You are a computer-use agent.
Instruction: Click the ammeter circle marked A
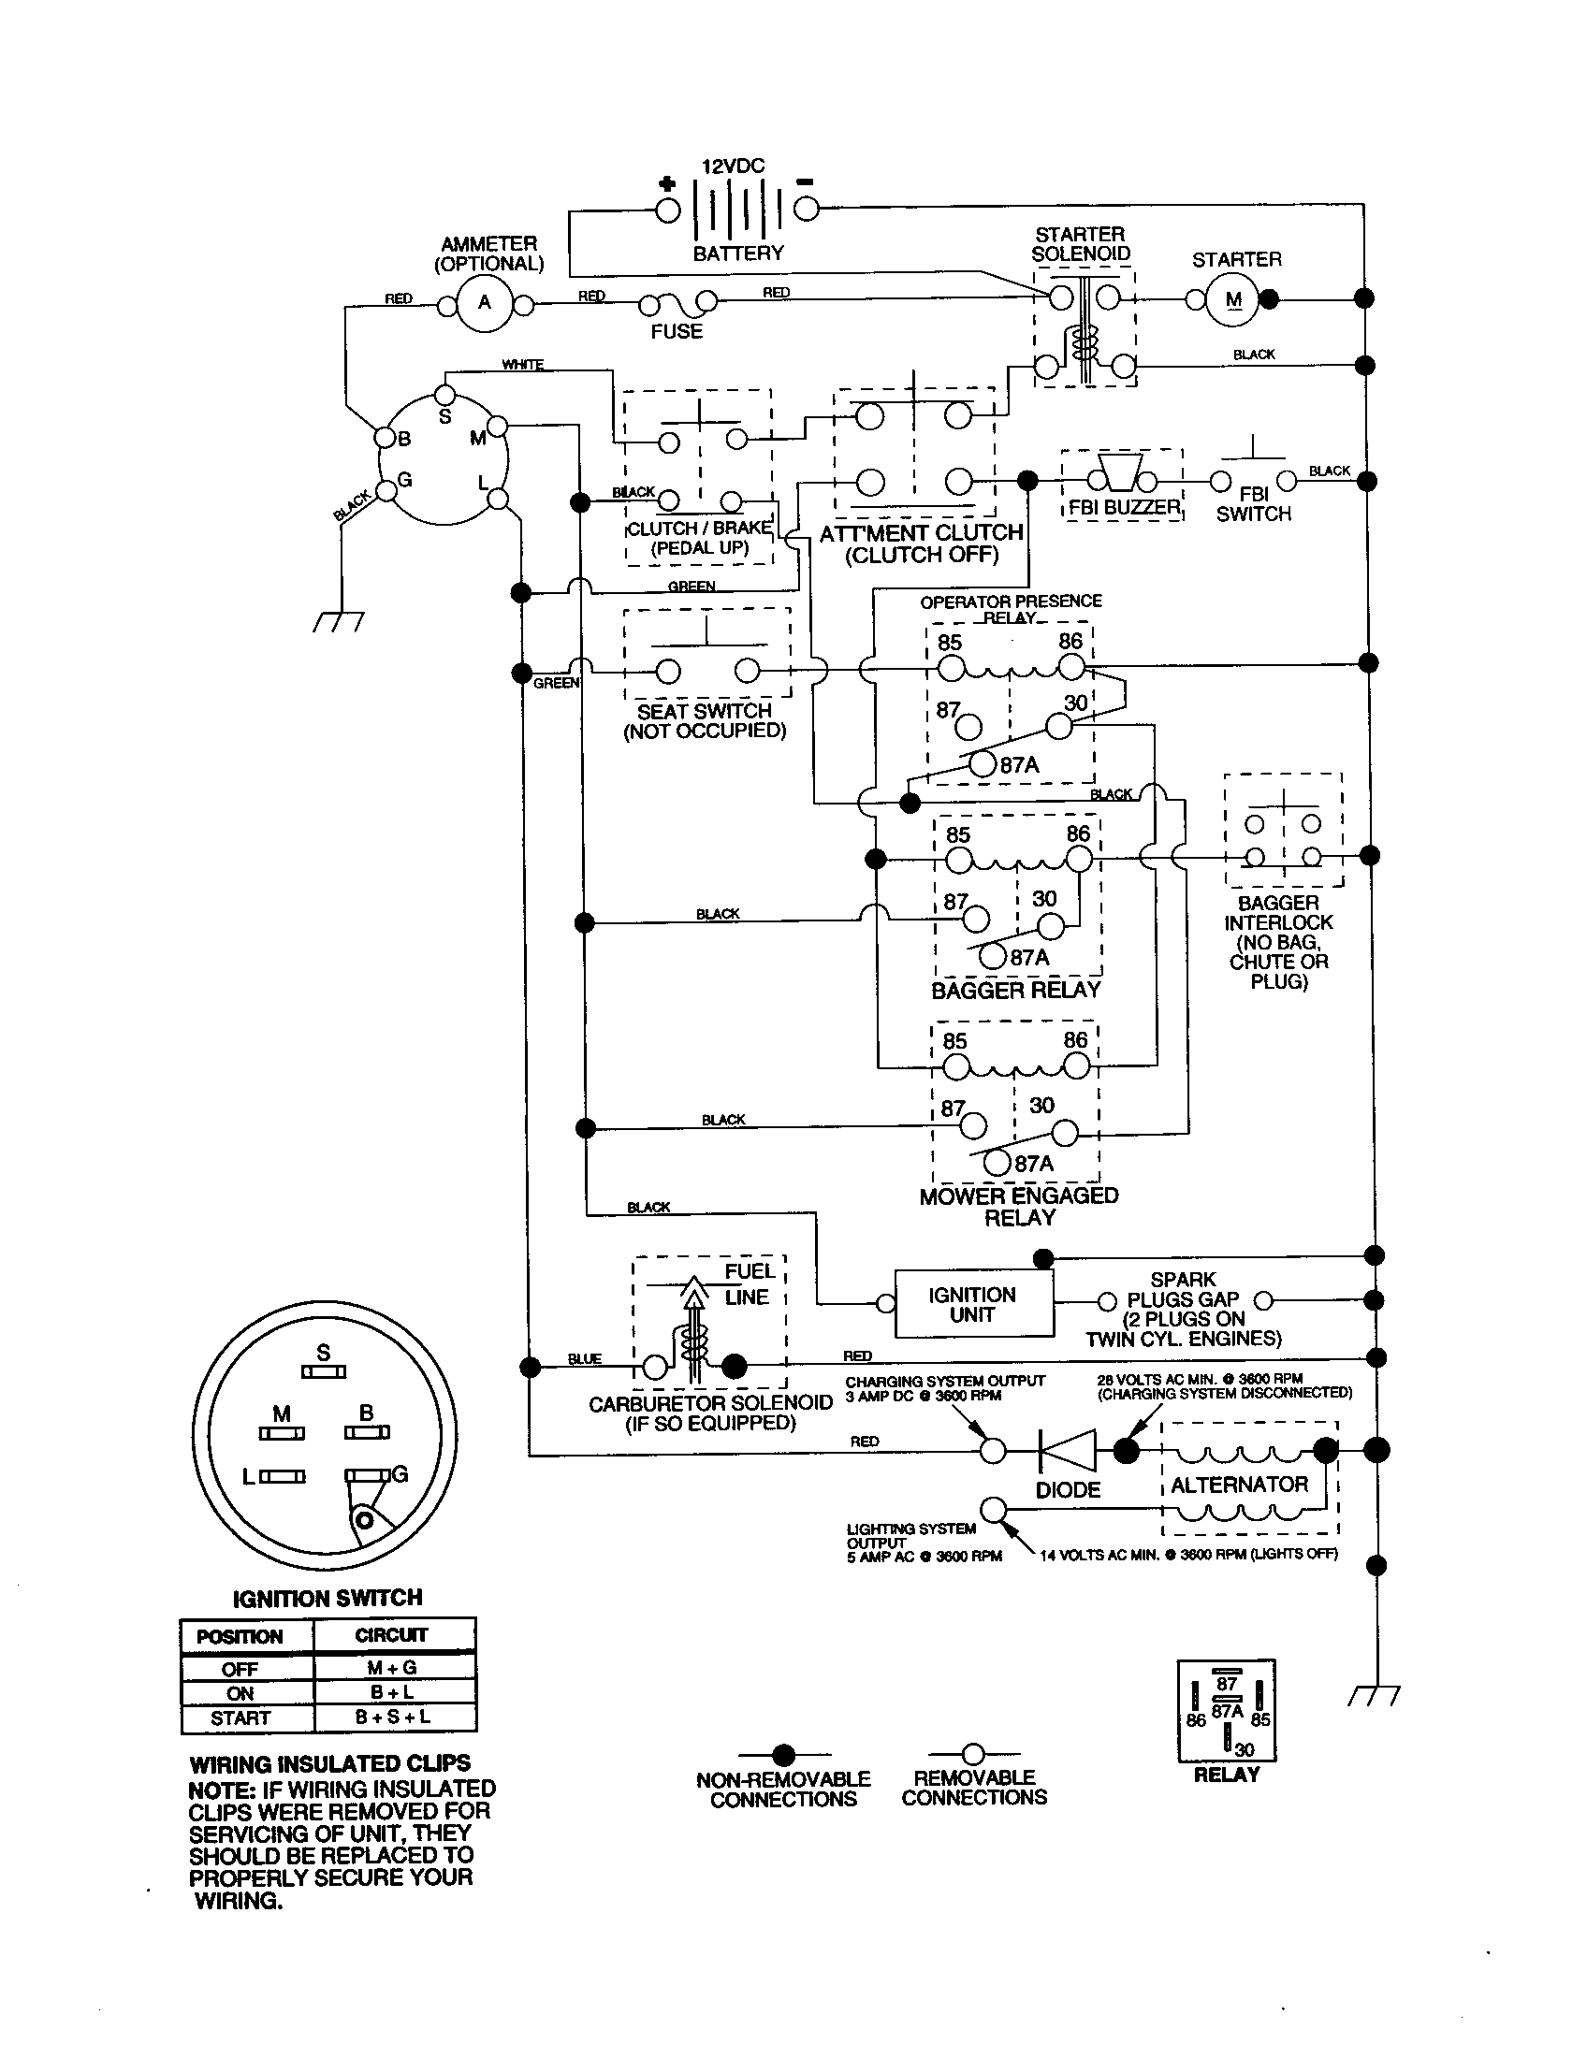pyautogui.click(x=485, y=302)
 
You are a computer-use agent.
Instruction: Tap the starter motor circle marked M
pyautogui.click(x=1232, y=299)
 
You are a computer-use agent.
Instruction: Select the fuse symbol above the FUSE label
pyautogui.click(x=677, y=303)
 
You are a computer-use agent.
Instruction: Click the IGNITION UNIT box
pyautogui.click(x=972, y=1304)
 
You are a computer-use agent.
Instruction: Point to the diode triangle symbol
pyautogui.click(x=1068, y=1450)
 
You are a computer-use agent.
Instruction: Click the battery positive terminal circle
pyautogui.click(x=668, y=210)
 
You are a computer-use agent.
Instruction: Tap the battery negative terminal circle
pyautogui.click(x=806, y=209)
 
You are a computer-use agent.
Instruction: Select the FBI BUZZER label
pyautogui.click(x=1123, y=508)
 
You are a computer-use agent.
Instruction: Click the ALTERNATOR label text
pyautogui.click(x=1238, y=1486)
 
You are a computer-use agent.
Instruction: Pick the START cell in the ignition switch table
pyautogui.click(x=240, y=1717)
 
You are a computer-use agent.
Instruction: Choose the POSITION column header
pyautogui.click(x=240, y=1637)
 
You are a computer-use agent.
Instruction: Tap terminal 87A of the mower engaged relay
pyautogui.click(x=997, y=1163)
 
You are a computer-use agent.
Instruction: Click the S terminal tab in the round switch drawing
pyautogui.click(x=323, y=1372)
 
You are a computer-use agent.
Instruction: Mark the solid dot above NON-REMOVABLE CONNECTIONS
pyautogui.click(x=783, y=1755)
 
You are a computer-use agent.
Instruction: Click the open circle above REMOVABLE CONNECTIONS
pyautogui.click(x=973, y=1754)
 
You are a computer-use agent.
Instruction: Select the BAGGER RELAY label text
pyautogui.click(x=1016, y=991)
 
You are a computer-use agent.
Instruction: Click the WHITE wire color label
pyautogui.click(x=522, y=365)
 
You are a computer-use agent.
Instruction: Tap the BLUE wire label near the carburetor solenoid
pyautogui.click(x=584, y=1359)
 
